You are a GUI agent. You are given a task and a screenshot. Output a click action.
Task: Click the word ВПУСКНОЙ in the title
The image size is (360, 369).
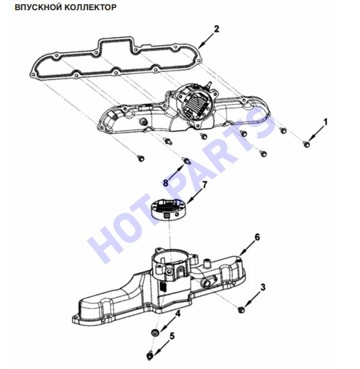coord(39,7)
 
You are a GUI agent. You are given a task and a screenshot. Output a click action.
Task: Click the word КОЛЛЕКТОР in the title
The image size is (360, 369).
coord(90,7)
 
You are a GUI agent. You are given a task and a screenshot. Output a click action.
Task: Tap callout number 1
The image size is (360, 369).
coord(325,122)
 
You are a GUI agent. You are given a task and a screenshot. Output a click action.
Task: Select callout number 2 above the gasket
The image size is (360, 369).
coord(216,29)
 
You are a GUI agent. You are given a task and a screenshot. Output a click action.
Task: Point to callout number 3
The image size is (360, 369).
coord(263,287)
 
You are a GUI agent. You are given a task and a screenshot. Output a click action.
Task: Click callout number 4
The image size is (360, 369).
coord(178,314)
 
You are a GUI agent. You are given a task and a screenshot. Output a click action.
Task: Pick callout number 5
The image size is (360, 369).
coord(172,336)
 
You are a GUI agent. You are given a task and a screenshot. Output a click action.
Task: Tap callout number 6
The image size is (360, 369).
coord(257,237)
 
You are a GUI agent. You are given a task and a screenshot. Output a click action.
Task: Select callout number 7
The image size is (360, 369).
coord(204,185)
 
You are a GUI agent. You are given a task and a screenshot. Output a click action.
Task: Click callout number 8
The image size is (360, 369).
coord(166,183)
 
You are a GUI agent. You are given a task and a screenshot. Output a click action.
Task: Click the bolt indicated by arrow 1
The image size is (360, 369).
coord(307,144)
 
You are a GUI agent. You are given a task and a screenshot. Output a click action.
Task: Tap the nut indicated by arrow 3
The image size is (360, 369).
coord(241,309)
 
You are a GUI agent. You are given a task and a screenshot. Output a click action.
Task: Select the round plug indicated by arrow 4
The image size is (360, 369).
coord(155,332)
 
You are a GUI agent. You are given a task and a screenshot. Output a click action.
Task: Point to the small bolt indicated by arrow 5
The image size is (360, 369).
coord(150,356)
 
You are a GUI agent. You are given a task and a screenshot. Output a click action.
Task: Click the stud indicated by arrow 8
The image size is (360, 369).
coord(187,160)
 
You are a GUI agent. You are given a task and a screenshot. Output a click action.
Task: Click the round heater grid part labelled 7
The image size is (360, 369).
coord(169,208)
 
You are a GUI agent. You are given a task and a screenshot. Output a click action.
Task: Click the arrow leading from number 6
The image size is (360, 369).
coord(247,247)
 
